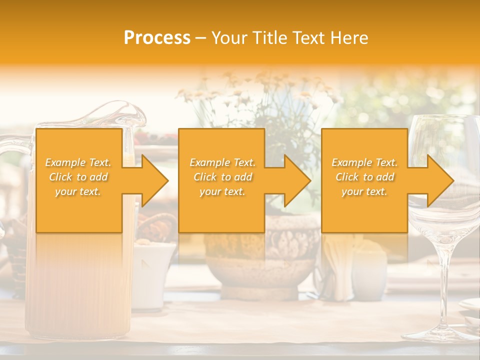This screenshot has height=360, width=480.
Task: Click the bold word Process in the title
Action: click(157, 37)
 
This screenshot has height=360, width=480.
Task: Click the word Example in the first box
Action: click(65, 162)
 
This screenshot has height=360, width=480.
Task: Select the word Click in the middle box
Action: click(204, 177)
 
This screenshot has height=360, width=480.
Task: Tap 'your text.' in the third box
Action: click(364, 191)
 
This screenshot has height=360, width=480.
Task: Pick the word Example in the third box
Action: click(352, 162)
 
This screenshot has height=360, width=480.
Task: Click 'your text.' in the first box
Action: click(78, 191)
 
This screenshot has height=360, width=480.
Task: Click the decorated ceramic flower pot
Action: click(262, 255)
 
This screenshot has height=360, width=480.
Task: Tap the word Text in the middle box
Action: click(243, 162)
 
